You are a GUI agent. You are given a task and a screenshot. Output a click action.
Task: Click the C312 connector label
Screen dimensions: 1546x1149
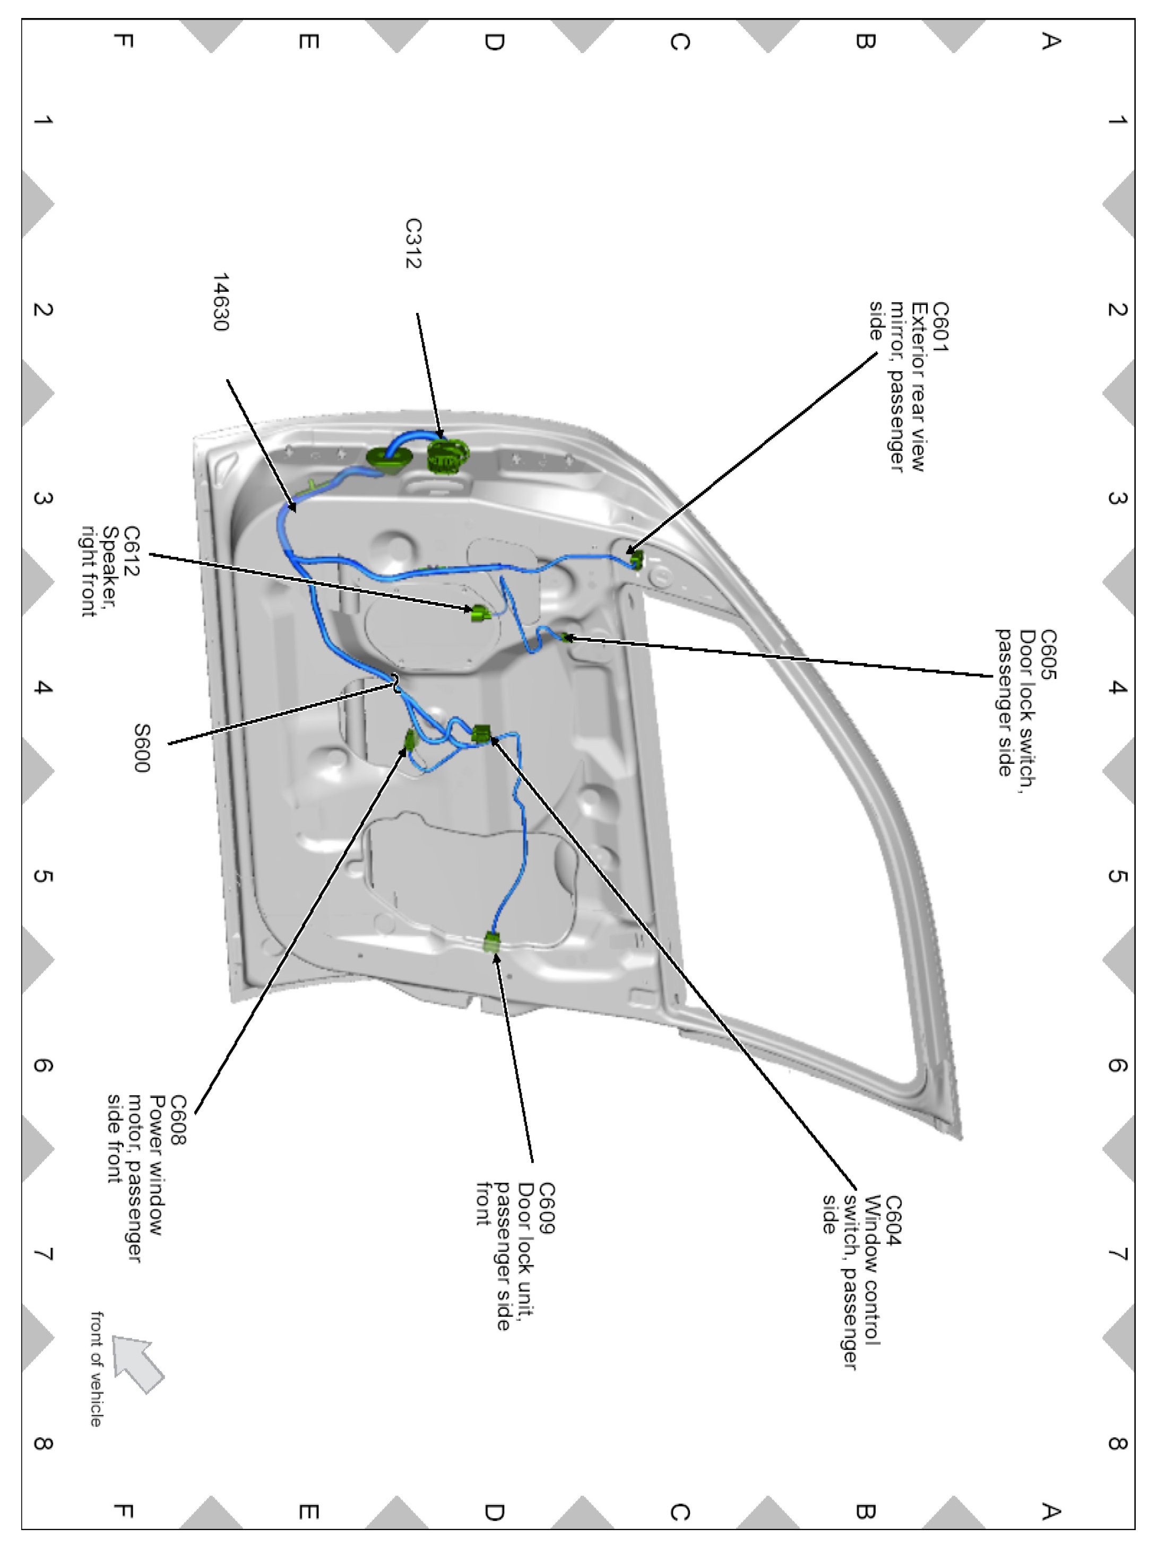coord(413,243)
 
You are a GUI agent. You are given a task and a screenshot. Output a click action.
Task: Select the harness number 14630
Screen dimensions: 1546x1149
coord(220,302)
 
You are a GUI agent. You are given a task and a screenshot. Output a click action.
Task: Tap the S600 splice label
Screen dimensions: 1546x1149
coord(142,747)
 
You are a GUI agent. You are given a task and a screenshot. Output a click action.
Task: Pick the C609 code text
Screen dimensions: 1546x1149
coord(547,1208)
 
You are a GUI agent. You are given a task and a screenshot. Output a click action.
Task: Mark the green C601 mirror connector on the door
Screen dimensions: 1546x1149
coord(635,557)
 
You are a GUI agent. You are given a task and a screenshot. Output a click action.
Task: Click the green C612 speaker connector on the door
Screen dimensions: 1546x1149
coord(480,613)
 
